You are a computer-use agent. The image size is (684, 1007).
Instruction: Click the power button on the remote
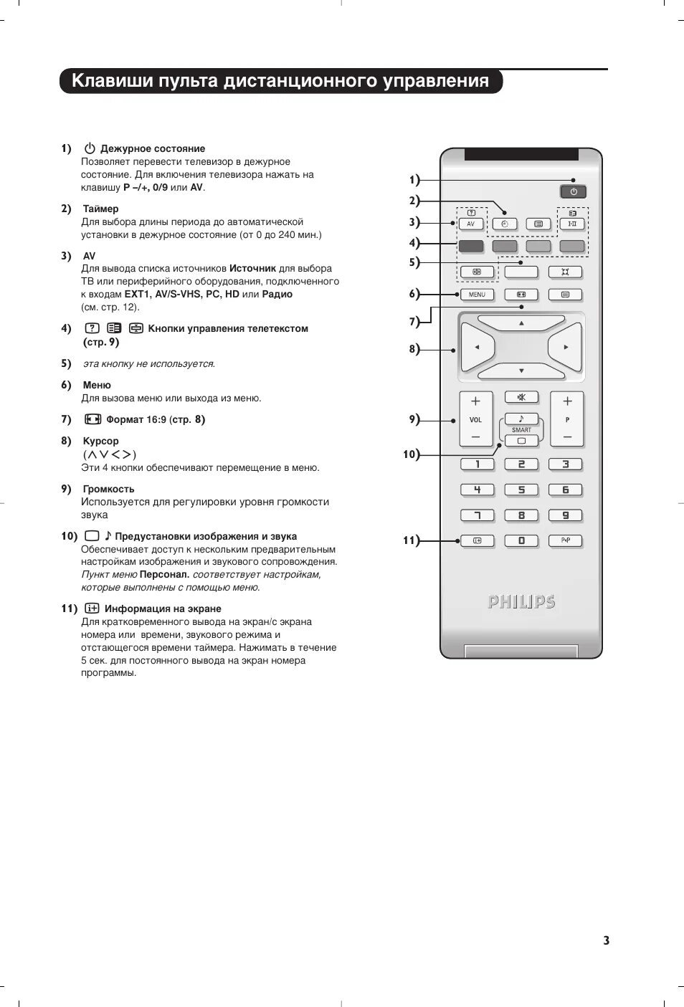(x=573, y=191)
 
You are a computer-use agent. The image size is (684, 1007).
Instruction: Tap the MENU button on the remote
(x=477, y=295)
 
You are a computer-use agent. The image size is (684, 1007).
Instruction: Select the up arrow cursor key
(x=521, y=323)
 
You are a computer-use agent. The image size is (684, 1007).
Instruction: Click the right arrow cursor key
(x=565, y=348)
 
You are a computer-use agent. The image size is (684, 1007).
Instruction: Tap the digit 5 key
(x=521, y=490)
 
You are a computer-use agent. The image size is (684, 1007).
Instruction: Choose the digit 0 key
(x=521, y=541)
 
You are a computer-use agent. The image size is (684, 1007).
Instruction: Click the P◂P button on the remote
(x=565, y=541)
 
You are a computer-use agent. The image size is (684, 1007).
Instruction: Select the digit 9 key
(x=565, y=515)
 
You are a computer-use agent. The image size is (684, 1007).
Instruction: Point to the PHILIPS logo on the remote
(x=521, y=602)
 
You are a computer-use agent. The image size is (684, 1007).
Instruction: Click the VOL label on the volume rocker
(x=475, y=420)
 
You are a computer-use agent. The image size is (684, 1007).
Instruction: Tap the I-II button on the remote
(x=572, y=224)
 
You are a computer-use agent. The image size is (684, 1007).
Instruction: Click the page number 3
(x=606, y=940)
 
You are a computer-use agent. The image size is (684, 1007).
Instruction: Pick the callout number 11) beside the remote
(x=411, y=540)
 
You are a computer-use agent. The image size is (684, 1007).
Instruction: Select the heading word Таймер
(x=100, y=209)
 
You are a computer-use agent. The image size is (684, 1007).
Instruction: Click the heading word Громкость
(x=108, y=489)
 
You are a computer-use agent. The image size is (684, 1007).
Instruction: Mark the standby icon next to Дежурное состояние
(x=90, y=148)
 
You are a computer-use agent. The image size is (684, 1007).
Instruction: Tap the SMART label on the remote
(x=521, y=430)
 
